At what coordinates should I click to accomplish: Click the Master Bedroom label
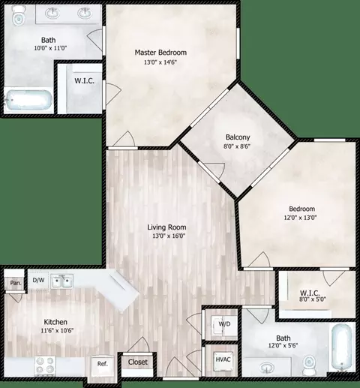160,53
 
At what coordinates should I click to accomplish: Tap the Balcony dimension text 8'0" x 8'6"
237,146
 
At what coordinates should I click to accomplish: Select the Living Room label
166,227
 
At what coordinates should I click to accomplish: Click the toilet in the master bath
18,16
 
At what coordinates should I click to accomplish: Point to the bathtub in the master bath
29,101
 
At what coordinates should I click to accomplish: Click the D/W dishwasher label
38,280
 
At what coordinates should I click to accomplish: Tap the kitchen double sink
62,281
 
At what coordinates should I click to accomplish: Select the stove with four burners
45,365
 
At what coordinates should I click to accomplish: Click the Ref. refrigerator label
102,364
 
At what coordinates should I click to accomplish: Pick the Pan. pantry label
16,283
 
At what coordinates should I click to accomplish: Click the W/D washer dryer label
224,324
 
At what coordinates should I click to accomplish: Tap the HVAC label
223,359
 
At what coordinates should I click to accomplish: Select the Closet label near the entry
138,362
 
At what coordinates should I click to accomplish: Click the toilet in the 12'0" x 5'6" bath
310,363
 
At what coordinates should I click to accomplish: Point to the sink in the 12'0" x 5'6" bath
267,368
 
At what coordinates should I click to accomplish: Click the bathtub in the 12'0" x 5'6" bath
342,348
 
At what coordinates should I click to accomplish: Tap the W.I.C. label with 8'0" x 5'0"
310,293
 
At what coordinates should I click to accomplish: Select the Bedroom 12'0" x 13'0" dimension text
301,218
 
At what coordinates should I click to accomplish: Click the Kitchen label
55,322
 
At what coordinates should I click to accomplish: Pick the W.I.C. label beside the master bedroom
84,81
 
